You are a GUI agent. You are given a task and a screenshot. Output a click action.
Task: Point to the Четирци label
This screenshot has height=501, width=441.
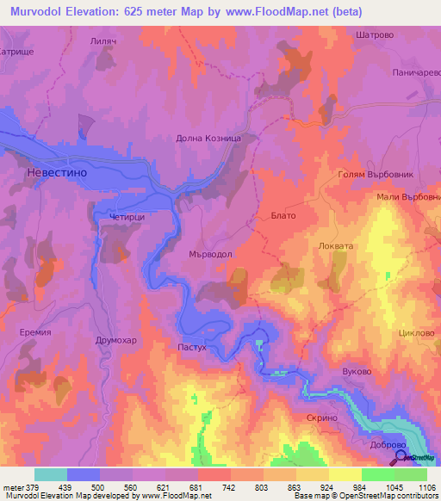pyautogui.click(x=127, y=219)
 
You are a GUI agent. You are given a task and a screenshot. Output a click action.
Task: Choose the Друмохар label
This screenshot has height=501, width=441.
pyautogui.click(x=114, y=340)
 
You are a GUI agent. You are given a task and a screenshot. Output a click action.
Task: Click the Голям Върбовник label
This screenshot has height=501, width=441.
pyautogui.click(x=375, y=174)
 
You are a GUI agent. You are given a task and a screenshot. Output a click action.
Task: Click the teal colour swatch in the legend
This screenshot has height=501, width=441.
pyautogui.click(x=51, y=474)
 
